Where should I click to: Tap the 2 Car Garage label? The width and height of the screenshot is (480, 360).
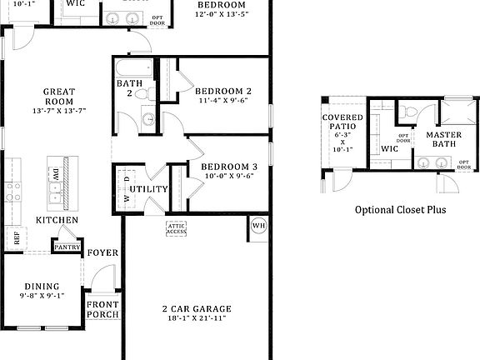(x=197, y=309)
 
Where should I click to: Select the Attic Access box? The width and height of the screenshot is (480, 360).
(x=176, y=227)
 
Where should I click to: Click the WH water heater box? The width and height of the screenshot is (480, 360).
(x=257, y=225)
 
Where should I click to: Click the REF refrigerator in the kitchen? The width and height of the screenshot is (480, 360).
(x=16, y=237)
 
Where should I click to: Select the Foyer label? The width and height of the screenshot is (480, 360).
(x=103, y=252)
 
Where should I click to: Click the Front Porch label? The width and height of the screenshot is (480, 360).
(x=103, y=309)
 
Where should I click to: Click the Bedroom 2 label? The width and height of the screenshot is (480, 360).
(x=223, y=91)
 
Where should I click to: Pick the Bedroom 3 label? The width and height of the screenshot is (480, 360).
(x=229, y=167)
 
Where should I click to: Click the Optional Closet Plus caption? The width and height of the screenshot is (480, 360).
(x=400, y=210)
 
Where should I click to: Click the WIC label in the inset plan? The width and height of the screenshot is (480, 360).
(x=390, y=149)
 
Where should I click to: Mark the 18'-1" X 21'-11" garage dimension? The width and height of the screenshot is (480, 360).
(x=197, y=319)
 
